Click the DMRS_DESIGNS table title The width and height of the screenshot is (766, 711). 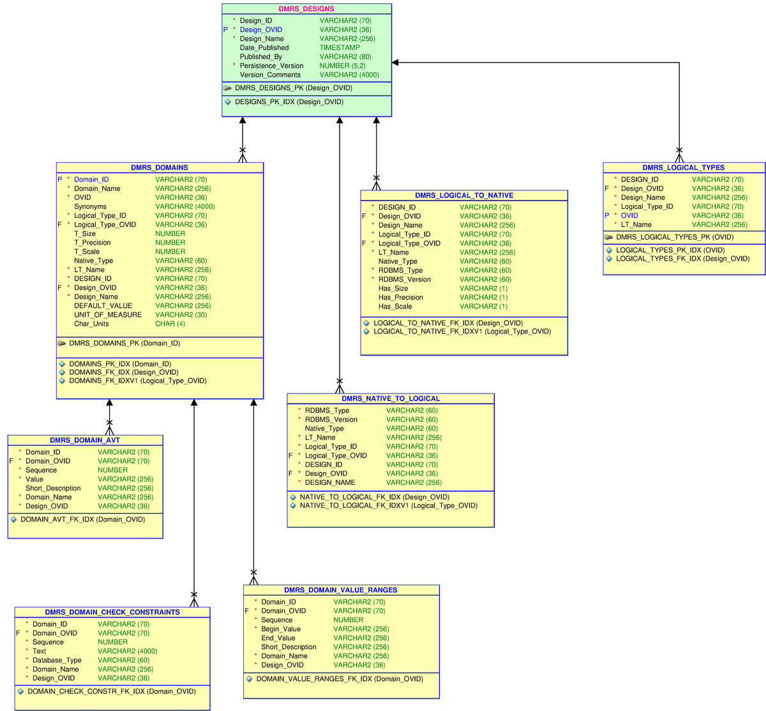[306, 9]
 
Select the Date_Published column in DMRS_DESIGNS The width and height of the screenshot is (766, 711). [264, 48]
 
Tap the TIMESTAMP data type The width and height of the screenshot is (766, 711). [340, 48]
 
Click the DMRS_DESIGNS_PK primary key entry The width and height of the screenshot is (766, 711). [293, 88]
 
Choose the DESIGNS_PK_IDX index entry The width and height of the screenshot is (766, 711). [289, 102]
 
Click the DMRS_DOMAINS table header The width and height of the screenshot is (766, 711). [160, 168]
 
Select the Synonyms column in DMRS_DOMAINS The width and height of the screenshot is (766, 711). [90, 207]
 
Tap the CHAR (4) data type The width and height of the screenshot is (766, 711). [170, 324]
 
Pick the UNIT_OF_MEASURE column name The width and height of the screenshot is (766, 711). [108, 315]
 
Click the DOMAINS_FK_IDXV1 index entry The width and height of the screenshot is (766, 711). [137, 381]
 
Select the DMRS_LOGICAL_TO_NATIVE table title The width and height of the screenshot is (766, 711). [464, 195]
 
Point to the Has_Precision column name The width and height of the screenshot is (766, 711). [400, 298]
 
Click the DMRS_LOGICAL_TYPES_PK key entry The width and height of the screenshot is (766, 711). [674, 238]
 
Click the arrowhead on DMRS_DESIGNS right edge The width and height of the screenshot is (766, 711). [396, 63]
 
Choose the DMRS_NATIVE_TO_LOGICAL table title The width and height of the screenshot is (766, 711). [391, 399]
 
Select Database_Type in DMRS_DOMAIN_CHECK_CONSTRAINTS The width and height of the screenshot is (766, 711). [57, 661]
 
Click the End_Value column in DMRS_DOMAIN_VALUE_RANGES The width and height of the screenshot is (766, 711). [278, 638]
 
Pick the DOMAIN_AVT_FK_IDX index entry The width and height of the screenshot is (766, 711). [82, 520]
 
